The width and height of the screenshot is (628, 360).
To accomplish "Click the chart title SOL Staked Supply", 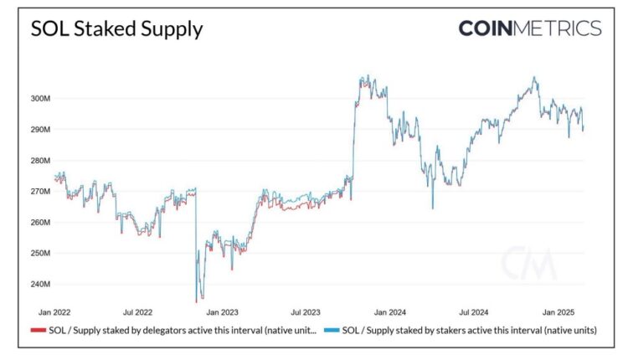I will pyautogui.click(x=116, y=29).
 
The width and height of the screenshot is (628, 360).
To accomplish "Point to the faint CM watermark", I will pyautogui.click(x=528, y=265).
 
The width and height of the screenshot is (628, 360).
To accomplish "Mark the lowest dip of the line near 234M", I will pyautogui.click(x=197, y=301).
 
